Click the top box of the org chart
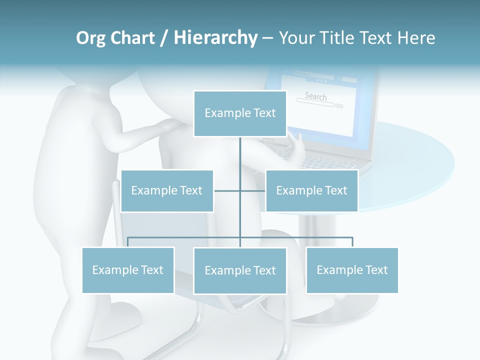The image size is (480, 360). [240, 113]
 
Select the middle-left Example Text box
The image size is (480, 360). [167, 190]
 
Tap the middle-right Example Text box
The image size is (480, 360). [311, 190]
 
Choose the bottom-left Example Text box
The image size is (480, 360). [128, 270]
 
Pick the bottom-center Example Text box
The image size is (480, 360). [240, 270]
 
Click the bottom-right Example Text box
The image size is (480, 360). [352, 270]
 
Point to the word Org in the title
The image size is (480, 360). [90, 38]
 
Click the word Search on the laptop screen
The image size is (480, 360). [315, 96]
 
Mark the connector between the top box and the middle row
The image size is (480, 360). [240, 160]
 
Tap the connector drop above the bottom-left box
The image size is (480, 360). [128, 242]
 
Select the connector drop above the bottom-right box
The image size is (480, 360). [352, 242]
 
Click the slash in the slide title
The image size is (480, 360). [164, 38]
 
